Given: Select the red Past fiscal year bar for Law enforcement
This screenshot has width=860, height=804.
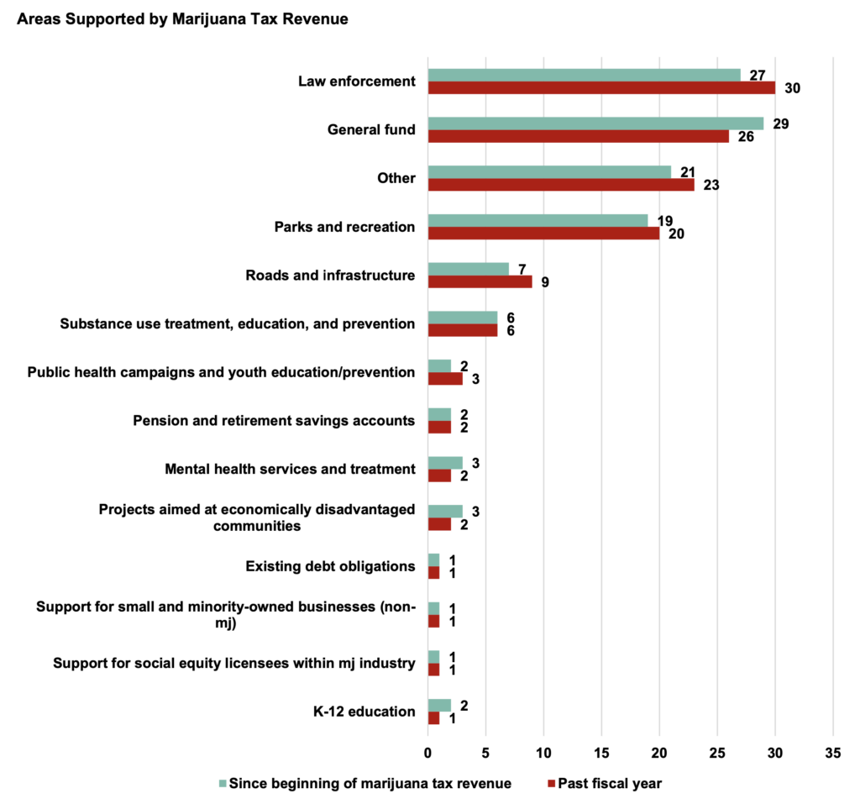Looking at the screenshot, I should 601,88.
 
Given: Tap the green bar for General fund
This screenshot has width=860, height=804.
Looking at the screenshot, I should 595,123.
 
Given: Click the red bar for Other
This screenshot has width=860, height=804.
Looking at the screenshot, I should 561,185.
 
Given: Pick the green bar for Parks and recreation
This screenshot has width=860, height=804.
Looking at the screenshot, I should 537,220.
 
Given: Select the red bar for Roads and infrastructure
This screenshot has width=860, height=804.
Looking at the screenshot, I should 480,282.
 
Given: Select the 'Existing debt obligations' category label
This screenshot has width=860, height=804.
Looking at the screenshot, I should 330,566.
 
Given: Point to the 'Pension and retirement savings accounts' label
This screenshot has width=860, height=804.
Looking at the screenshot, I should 274,420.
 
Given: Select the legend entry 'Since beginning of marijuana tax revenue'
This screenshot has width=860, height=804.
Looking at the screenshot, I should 370,783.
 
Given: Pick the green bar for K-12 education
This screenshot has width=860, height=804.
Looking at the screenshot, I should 439,705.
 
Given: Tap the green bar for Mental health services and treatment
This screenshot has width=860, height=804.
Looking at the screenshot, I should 445,463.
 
